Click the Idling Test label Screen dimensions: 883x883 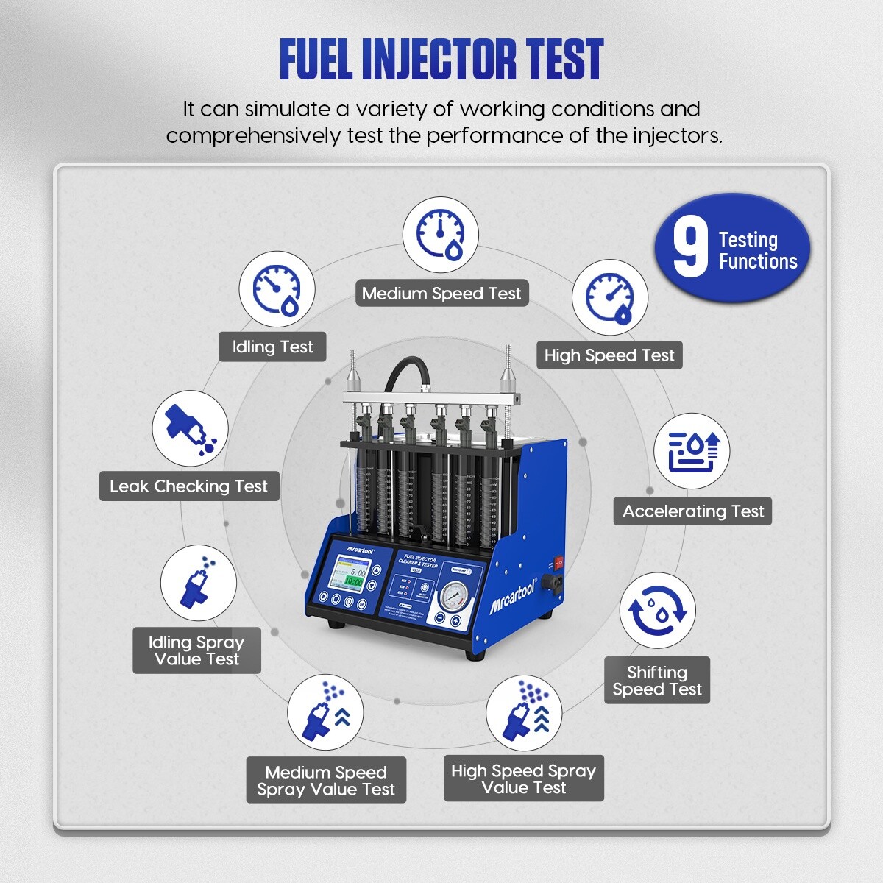point(272,347)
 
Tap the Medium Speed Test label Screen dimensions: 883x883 point(441,294)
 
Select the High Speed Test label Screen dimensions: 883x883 point(609,355)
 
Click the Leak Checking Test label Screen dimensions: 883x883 point(189,486)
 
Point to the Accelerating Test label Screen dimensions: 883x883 point(692,511)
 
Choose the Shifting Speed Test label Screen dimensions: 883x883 point(657,681)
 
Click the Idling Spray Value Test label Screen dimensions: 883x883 point(196,650)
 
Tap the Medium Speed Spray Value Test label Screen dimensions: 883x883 point(326,781)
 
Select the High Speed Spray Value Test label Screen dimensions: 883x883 point(523,779)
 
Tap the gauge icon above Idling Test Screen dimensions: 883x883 point(277,289)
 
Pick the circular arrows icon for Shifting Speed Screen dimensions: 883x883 point(657,611)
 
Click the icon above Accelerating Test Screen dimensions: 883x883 point(692,451)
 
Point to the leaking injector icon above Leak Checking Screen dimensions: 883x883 point(190,428)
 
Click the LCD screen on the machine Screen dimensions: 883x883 point(350,575)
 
